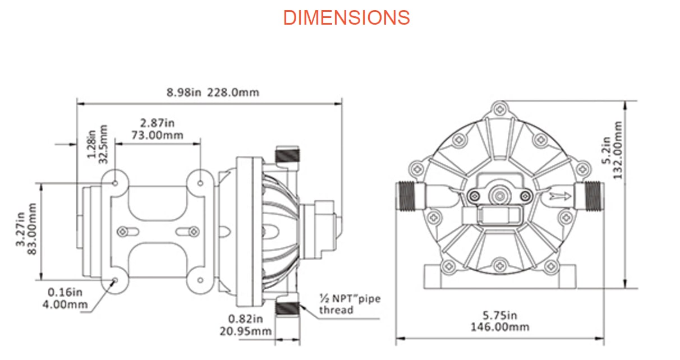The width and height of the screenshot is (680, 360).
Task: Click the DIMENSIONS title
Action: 346,17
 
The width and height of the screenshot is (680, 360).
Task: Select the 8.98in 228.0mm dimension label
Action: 213,92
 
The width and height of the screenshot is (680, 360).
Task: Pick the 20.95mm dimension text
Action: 246,331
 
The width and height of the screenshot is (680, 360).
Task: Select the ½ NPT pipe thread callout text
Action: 350,304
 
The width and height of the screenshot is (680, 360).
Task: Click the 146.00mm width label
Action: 500,326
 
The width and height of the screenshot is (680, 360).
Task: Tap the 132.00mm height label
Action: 618,150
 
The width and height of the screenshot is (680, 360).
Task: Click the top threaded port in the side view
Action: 288,154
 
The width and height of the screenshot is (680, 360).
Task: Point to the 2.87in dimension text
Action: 158,123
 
